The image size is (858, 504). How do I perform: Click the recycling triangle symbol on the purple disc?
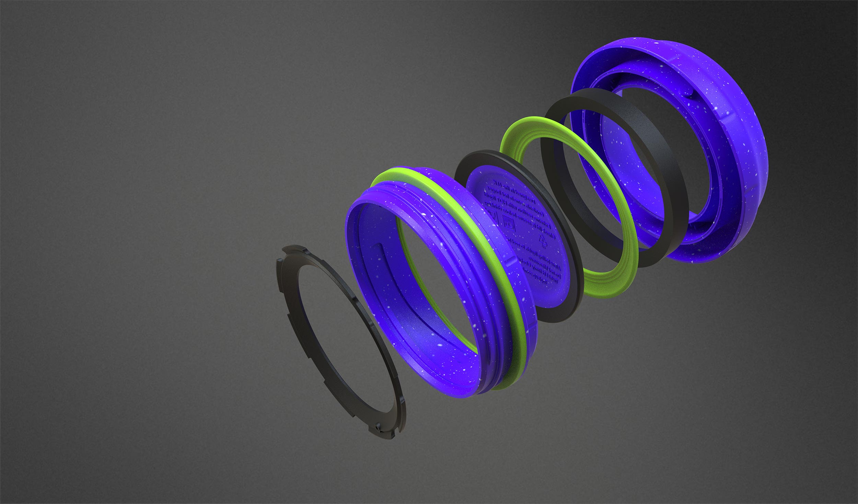[x=543, y=241]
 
